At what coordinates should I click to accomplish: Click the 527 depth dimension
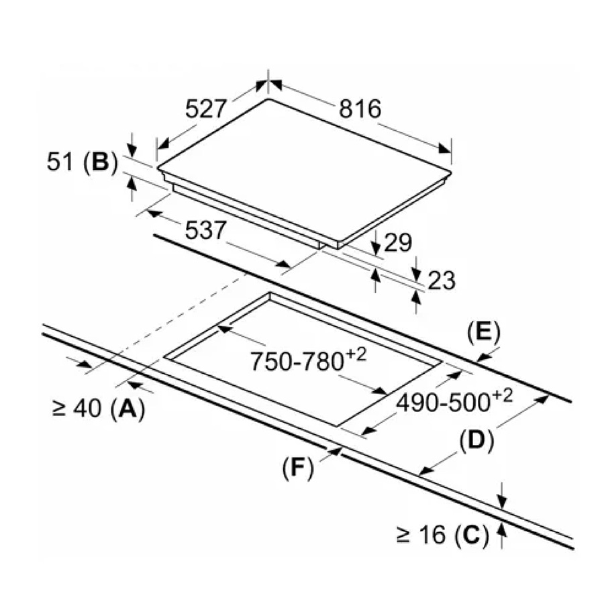[x=209, y=108]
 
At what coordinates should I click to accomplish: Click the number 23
[x=441, y=280]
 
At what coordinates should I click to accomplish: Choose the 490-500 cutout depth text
[x=444, y=403]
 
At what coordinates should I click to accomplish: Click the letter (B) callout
[x=100, y=162]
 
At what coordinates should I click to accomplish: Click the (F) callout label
[x=299, y=468]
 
